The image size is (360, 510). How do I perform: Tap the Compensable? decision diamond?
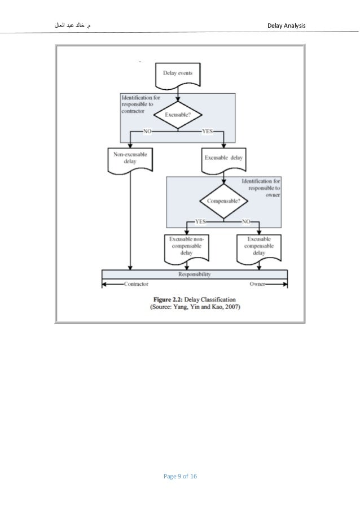pyautogui.click(x=223, y=200)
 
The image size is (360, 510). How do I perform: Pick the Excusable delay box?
pyautogui.click(x=223, y=158)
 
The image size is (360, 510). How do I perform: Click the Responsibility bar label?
pyautogui.click(x=194, y=274)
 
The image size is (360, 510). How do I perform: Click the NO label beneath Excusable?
pyautogui.click(x=147, y=131)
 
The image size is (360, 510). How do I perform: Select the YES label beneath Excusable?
pyautogui.click(x=208, y=131)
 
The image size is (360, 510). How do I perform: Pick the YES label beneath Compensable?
pyautogui.click(x=200, y=221)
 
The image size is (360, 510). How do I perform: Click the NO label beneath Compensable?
pyautogui.click(x=245, y=221)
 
